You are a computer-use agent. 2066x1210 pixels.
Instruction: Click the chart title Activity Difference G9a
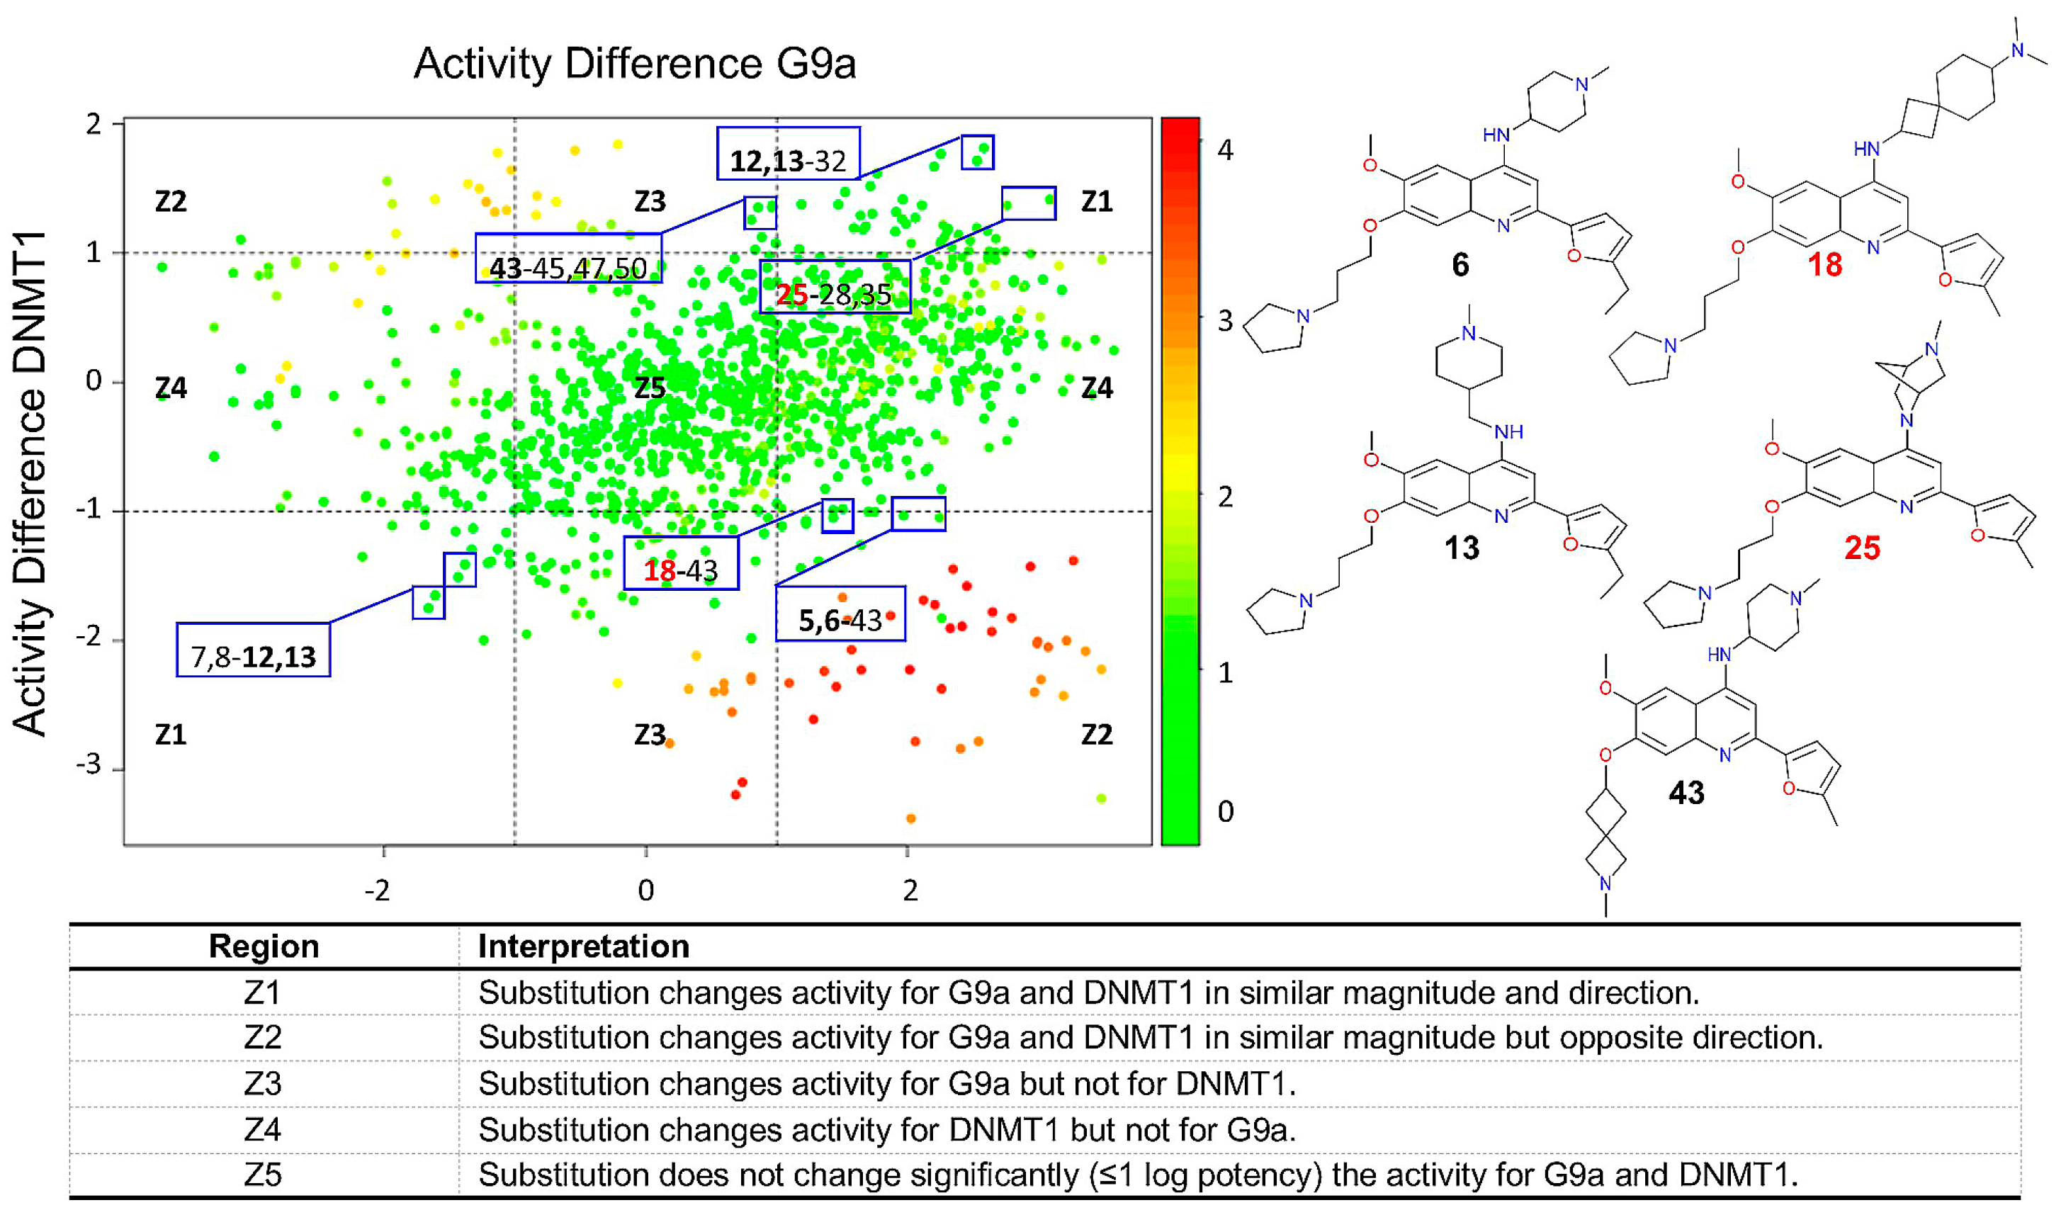(635, 64)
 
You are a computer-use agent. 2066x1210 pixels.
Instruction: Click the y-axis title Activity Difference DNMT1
(30, 484)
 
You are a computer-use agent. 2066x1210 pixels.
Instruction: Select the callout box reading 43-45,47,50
(568, 259)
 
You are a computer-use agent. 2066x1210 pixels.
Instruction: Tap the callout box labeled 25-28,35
(835, 287)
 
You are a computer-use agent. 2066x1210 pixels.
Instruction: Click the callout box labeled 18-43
(680, 563)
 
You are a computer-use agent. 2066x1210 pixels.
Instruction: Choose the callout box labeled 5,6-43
(840, 614)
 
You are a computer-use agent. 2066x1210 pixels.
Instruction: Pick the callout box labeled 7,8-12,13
(254, 649)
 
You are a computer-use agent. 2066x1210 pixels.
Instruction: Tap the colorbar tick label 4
(1225, 150)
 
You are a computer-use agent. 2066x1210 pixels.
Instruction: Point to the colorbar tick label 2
(1225, 497)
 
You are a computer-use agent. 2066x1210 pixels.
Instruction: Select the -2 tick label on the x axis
(377, 890)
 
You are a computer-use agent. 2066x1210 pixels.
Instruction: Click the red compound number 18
(1825, 265)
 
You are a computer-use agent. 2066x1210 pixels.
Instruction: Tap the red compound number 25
(1862, 548)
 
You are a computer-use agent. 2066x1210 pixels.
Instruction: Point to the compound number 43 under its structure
(1686, 793)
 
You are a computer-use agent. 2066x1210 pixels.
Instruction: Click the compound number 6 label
(1460, 265)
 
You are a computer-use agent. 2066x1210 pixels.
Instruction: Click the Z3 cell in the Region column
(262, 1084)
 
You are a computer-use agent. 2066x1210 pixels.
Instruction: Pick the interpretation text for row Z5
(1138, 1175)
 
